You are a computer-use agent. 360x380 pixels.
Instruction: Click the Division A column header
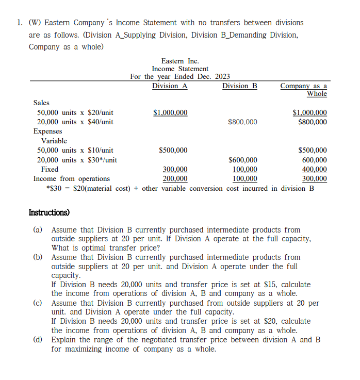[x=170, y=86]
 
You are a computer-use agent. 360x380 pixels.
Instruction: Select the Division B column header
[x=239, y=86]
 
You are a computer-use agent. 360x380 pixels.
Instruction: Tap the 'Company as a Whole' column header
[x=304, y=90]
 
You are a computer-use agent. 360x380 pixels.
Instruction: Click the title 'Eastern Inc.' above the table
[x=180, y=61]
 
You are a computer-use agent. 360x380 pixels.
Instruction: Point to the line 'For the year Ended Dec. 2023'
[x=180, y=77]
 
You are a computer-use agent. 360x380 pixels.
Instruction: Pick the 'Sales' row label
[x=41, y=103]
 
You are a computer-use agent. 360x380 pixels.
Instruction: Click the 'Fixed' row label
[x=50, y=169]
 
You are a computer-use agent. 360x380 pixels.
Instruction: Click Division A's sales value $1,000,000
[x=171, y=112]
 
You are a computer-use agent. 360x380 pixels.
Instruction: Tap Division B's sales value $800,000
[x=242, y=122]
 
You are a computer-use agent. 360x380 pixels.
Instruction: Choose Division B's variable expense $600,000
[x=242, y=160]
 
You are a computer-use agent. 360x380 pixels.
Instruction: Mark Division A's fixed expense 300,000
[x=175, y=169]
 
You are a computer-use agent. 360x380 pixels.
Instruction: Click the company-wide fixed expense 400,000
[x=314, y=169]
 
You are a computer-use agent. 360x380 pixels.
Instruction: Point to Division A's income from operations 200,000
[x=175, y=178]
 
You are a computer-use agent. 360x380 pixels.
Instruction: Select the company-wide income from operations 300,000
[x=314, y=178]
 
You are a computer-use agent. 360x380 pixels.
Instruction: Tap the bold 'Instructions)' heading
[x=49, y=212]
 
